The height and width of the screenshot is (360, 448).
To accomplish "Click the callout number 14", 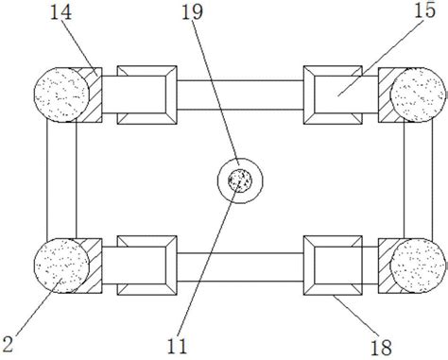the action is click(x=60, y=13).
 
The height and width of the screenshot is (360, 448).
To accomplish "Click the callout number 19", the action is click(x=192, y=13).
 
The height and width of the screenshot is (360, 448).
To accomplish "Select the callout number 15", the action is click(x=424, y=10).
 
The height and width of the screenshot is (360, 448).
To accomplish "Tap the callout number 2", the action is click(x=8, y=344).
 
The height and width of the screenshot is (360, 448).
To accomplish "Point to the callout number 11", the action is click(x=177, y=347).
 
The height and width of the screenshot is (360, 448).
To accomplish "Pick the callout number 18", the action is click(x=381, y=348).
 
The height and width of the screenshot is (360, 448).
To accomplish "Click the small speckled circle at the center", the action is click(x=240, y=180).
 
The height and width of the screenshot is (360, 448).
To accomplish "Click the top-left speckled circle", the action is click(x=61, y=94).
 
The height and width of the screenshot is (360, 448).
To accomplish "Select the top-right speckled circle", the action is click(x=418, y=94).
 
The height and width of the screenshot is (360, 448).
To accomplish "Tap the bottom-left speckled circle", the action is click(x=61, y=266).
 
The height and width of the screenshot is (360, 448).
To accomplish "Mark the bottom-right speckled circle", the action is click(x=418, y=266).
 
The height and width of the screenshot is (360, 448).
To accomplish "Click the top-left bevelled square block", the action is click(x=146, y=94).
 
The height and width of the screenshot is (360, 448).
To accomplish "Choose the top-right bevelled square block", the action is click(x=333, y=94).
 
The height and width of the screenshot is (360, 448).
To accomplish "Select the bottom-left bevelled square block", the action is click(x=146, y=266).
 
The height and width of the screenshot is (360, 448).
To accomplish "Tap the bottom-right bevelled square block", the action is click(x=333, y=266).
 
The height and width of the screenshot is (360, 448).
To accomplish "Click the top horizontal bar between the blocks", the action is click(x=240, y=94).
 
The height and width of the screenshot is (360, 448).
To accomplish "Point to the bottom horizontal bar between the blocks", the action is click(x=240, y=267).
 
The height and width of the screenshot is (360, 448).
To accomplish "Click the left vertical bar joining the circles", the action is click(x=61, y=180).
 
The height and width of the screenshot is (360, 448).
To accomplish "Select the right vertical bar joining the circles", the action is click(x=418, y=180).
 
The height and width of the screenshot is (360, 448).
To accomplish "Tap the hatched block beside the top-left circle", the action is click(x=95, y=94).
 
